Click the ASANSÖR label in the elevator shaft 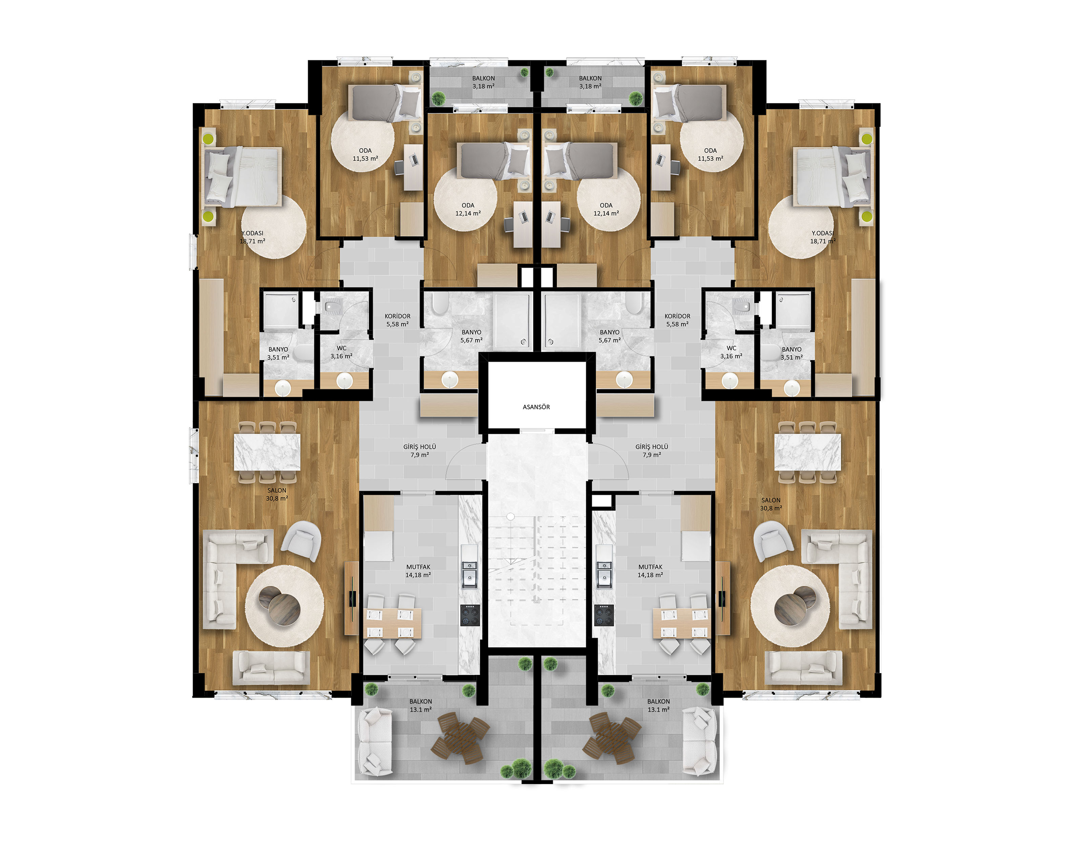tap(536, 407)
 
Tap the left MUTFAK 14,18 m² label tap(418, 571)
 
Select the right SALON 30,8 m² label tap(771, 504)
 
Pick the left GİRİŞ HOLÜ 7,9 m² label tap(420, 451)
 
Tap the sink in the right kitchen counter tap(604, 575)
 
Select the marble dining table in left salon tap(267, 452)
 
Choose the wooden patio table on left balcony tap(460, 738)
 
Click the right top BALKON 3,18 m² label tap(590, 82)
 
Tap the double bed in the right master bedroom tap(832, 177)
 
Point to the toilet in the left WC tap(331, 308)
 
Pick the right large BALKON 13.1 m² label tap(658, 706)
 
